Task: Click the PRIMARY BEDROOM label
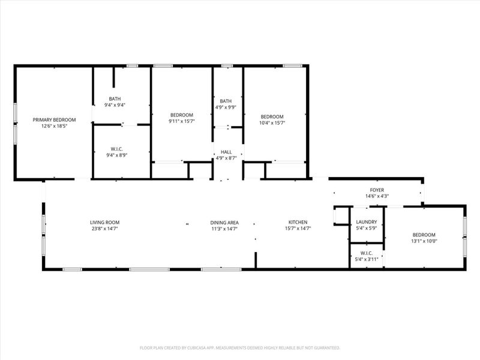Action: tap(54, 120)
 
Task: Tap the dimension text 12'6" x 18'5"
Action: tap(54, 127)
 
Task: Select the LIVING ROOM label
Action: tap(105, 222)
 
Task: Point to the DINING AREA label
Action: tap(224, 222)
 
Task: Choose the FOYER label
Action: tap(377, 190)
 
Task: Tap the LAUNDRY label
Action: tap(367, 222)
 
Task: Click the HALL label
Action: tap(227, 152)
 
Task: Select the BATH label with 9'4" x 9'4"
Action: tap(115, 99)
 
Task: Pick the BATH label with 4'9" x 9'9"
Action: tap(226, 101)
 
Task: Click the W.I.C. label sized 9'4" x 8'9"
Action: tap(117, 149)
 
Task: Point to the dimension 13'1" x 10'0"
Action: tap(424, 241)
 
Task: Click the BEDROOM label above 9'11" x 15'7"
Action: tap(181, 115)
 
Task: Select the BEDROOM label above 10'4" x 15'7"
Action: tap(272, 116)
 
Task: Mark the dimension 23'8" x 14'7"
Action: tap(105, 229)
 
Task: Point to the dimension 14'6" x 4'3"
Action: tap(377, 196)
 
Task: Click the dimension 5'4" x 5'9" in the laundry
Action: tap(367, 229)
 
